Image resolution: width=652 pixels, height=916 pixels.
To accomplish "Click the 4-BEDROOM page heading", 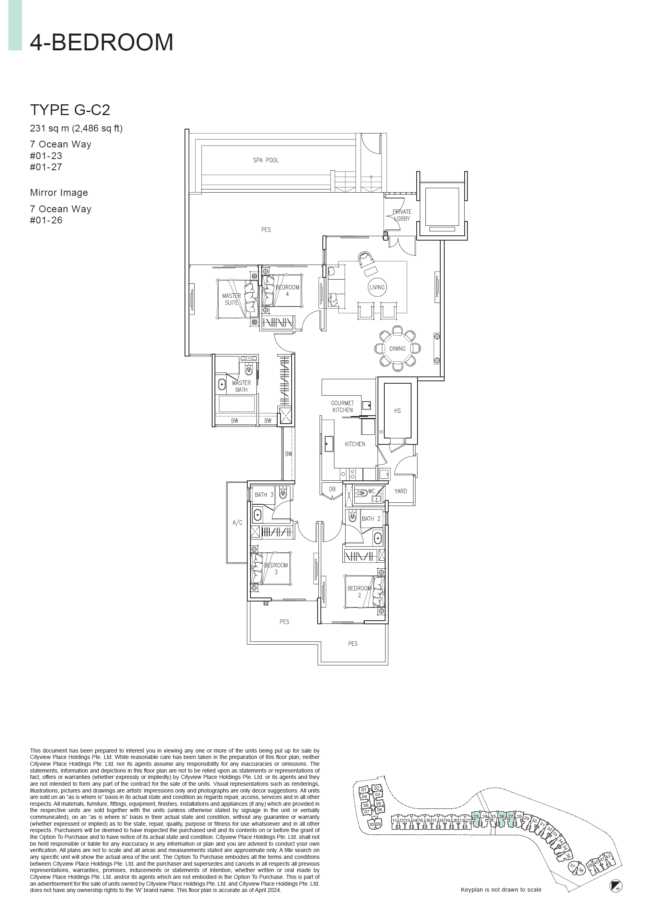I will click(101, 42).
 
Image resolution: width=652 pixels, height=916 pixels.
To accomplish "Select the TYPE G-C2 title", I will click(70, 110).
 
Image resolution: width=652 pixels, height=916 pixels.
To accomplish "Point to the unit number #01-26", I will click(46, 220).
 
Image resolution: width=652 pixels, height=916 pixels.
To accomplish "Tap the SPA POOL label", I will click(265, 160).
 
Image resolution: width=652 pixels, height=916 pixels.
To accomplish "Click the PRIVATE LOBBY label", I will click(402, 215).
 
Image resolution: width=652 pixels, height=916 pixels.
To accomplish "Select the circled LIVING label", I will click(377, 287).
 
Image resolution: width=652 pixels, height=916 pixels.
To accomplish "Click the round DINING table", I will click(397, 348).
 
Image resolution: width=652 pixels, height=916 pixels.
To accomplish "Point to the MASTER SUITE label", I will click(231, 299).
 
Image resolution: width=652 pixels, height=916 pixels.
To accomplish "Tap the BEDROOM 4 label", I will click(287, 291).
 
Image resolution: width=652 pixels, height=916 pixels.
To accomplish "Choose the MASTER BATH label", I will click(241, 386).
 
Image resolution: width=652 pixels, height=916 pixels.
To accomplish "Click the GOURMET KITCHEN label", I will click(342, 406).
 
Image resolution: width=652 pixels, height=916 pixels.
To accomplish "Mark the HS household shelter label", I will click(397, 410).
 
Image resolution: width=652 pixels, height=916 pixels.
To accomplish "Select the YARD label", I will click(400, 491).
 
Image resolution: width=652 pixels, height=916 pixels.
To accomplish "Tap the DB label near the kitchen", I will click(332, 489).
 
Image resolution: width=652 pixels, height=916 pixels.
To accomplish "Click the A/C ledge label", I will click(237, 522).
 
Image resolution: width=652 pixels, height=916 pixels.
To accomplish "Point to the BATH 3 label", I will click(264, 495).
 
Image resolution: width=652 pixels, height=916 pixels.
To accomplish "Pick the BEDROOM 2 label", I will click(359, 592).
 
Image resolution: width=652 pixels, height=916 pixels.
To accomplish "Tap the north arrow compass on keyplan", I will click(616, 886).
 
